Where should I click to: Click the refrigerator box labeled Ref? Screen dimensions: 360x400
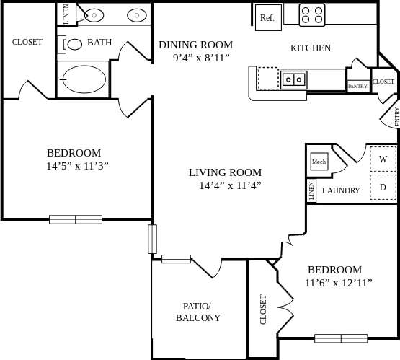pos(267,17)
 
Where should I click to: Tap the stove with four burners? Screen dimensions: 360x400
pos(311,14)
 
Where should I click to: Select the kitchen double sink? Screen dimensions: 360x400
pos(293,79)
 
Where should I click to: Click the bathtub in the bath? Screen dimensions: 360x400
pos(84,79)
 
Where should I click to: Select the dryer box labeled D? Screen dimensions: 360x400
pos(383,187)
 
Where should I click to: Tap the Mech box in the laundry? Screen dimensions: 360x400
pos(319,162)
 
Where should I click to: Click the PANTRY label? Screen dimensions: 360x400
pos(357,86)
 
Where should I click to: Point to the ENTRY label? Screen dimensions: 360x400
pos(396,117)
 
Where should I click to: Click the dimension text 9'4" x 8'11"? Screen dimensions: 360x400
pos(200,58)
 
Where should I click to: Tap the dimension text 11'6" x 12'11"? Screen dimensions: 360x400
pos(338,283)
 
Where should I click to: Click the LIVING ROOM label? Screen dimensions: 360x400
pos(225,172)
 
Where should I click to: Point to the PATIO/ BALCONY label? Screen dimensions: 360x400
pos(198,312)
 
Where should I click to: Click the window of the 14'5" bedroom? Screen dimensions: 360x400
pos(76,219)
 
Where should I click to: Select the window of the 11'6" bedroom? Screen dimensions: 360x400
pos(340,338)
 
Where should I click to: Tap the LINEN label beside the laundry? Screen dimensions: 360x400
pos(311,191)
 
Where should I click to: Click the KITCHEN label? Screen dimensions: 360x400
pos(310,48)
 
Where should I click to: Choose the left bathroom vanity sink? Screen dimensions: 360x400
pos(94,14)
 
